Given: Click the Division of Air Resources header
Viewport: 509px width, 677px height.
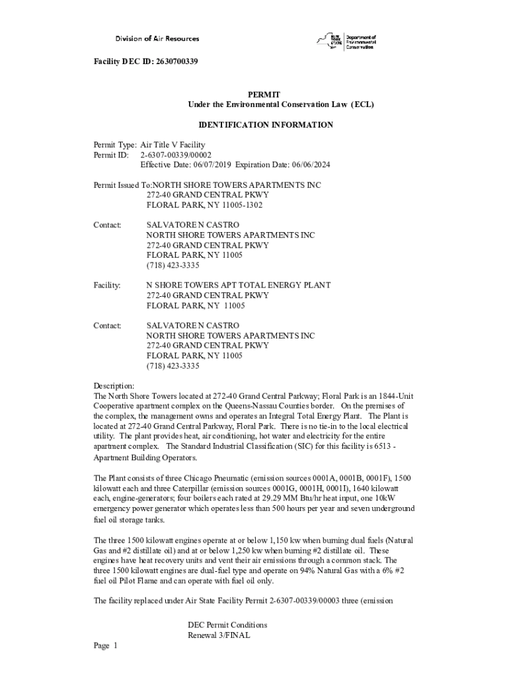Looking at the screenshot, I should [157, 38].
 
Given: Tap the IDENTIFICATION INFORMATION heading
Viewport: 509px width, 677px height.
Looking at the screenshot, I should [266, 125].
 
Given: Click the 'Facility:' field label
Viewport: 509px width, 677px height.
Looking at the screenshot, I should [106, 286].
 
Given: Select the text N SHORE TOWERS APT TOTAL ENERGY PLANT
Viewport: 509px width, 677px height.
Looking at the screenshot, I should [238, 286].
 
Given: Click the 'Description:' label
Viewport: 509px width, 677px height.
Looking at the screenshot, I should [114, 386].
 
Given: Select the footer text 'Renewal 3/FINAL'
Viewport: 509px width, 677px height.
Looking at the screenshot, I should [219, 635].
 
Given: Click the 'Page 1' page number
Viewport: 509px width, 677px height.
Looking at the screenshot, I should [105, 646].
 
